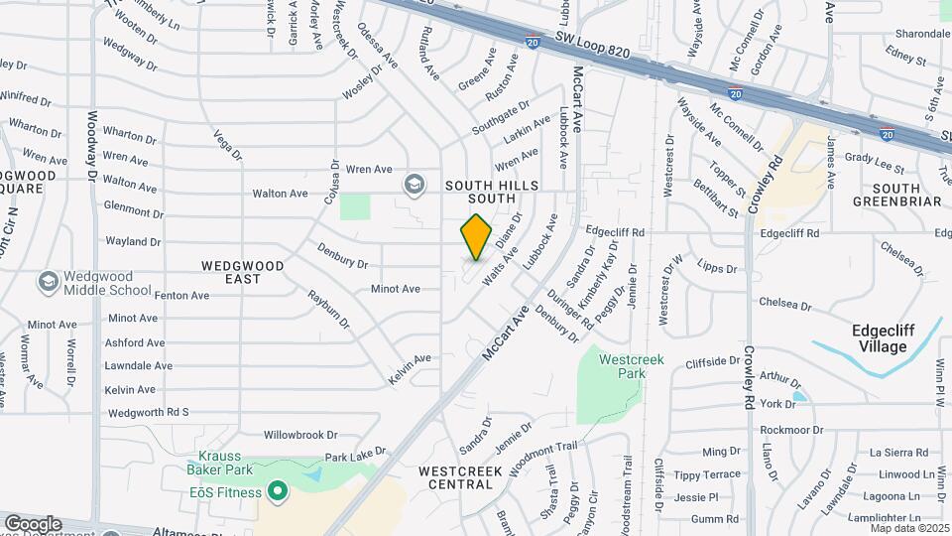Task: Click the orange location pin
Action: pyautogui.click(x=477, y=236)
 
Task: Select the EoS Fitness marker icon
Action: pyautogui.click(x=279, y=491)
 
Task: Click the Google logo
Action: pyautogui.click(x=33, y=523)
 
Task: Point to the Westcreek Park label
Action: pyautogui.click(x=631, y=366)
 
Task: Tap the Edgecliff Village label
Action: pyautogui.click(x=883, y=338)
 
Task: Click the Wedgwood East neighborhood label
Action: pyautogui.click(x=243, y=272)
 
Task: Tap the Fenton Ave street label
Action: pyautogui.click(x=181, y=295)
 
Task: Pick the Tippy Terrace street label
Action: pyautogui.click(x=707, y=474)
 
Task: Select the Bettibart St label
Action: pyautogui.click(x=716, y=199)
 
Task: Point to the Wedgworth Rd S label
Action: pyautogui.click(x=148, y=412)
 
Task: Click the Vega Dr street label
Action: pyautogui.click(x=227, y=144)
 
